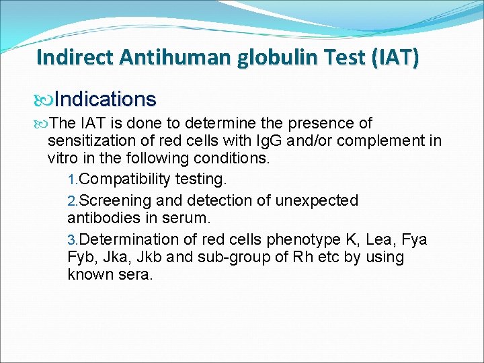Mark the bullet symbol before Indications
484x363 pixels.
click(x=44, y=100)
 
